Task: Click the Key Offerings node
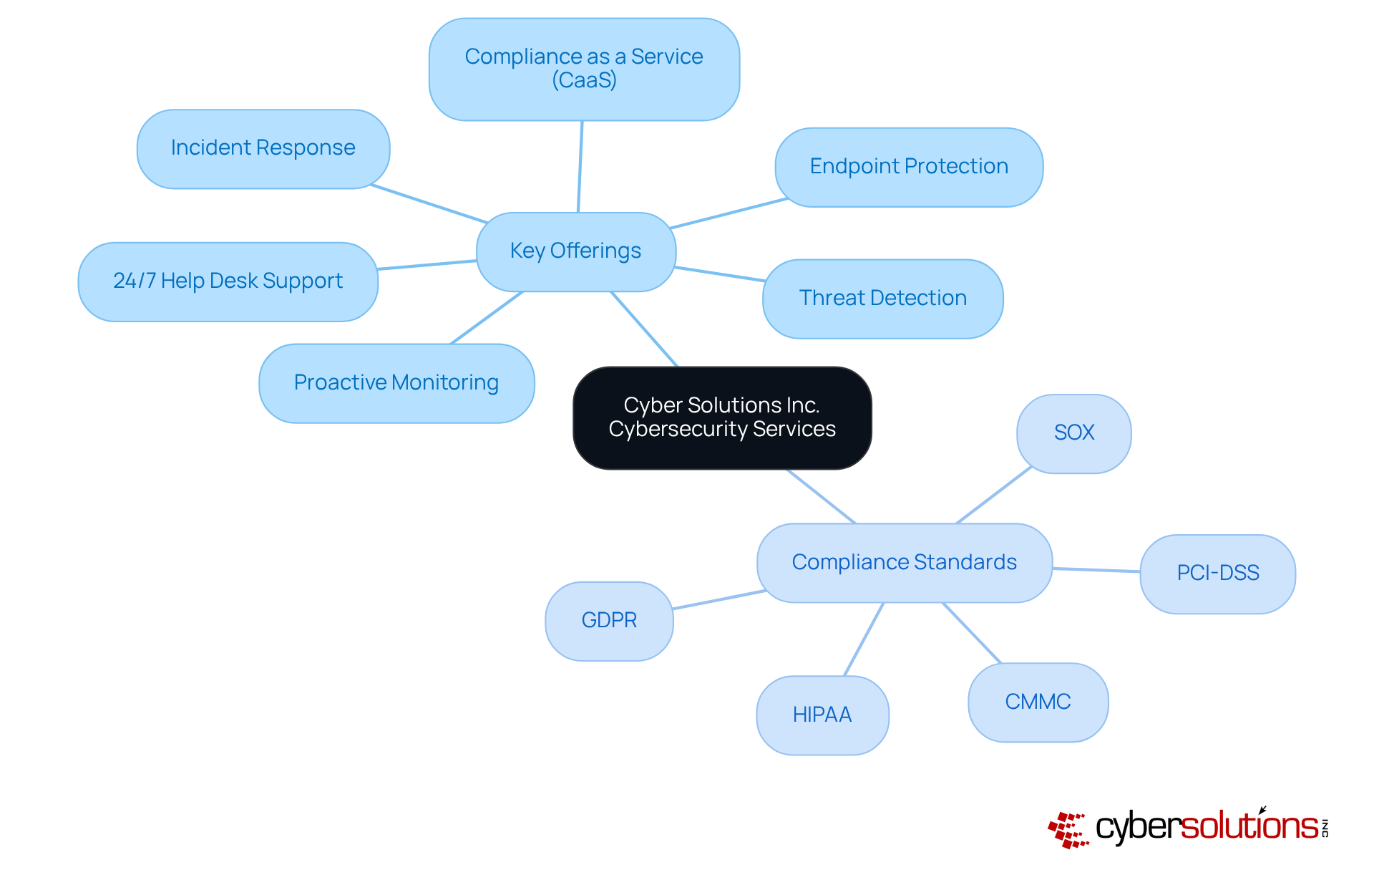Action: [x=576, y=251]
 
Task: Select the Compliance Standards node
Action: [x=905, y=563]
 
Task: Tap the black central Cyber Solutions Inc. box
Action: [x=722, y=417]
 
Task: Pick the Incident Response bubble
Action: [x=263, y=148]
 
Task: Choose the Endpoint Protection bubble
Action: [x=909, y=167]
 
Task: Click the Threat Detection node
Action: [x=883, y=299]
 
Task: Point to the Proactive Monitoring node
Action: [x=396, y=383]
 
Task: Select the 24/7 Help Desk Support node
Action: [x=228, y=281]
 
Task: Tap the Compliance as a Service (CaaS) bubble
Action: [x=584, y=69]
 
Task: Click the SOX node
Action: [x=1074, y=433]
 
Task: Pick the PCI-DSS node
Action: [x=1217, y=574]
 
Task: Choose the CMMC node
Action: [x=1038, y=702]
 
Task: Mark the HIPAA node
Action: [x=822, y=715]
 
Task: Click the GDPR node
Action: [x=609, y=621]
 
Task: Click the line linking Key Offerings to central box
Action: [x=644, y=329]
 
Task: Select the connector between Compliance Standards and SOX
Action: [x=993, y=496]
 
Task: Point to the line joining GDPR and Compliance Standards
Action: [x=718, y=600]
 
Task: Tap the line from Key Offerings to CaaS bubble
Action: [x=580, y=166]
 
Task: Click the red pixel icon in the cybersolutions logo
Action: [x=1068, y=830]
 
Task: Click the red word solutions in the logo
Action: [x=1249, y=826]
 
